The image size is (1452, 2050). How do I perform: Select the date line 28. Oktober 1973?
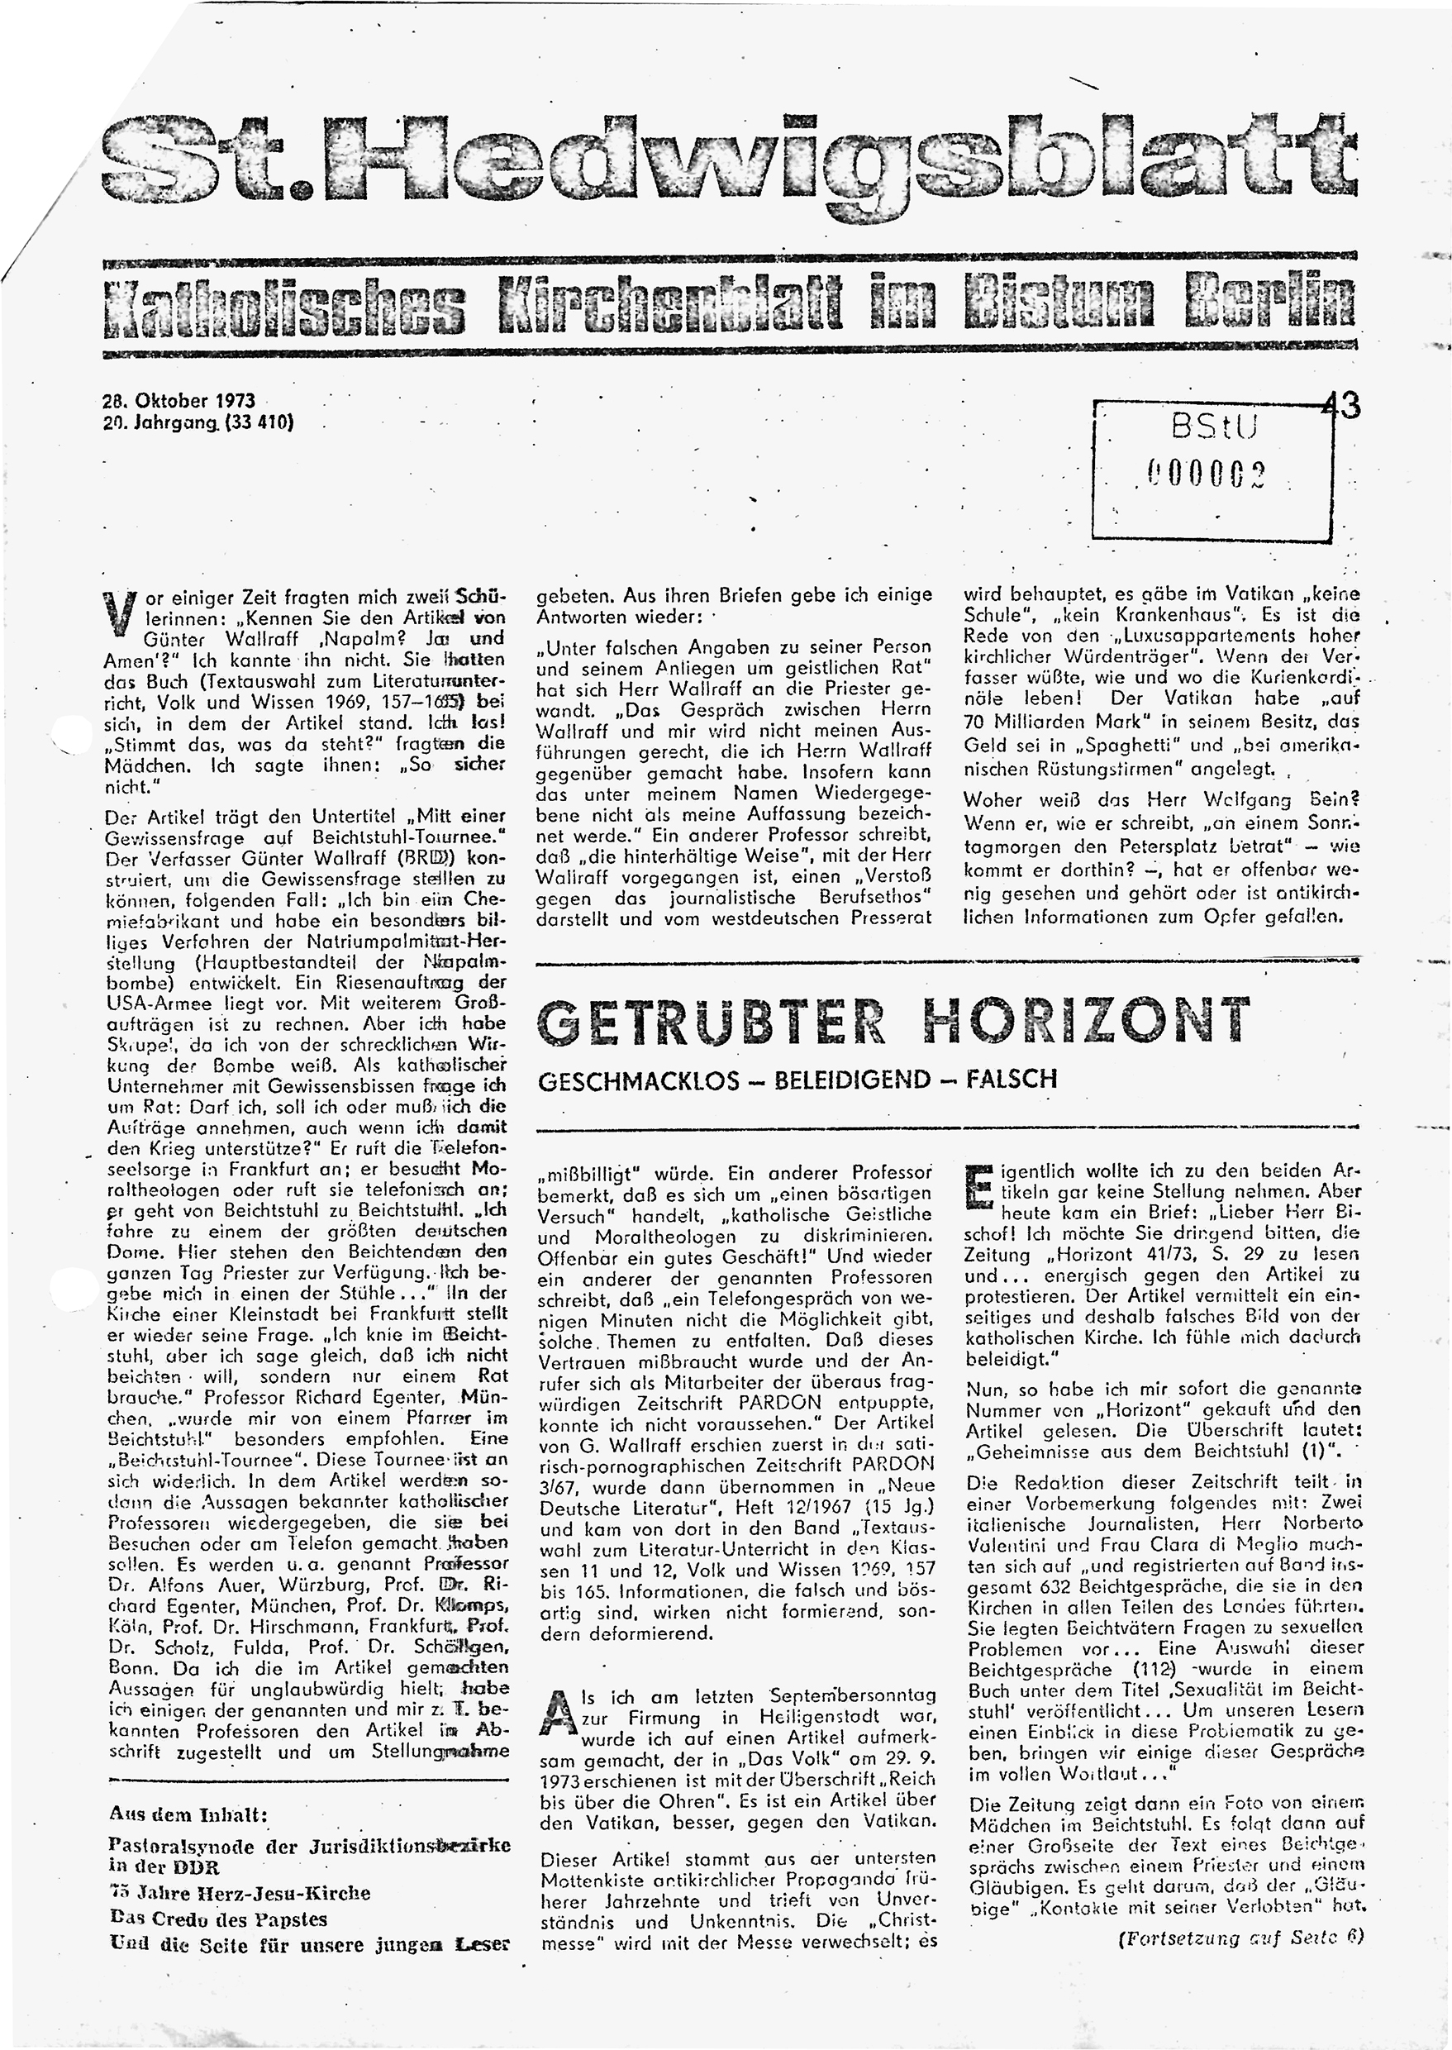pos(179,402)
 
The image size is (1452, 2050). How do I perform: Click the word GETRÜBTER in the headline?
pos(712,1023)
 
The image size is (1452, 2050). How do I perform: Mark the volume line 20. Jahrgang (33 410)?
pos(199,423)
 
